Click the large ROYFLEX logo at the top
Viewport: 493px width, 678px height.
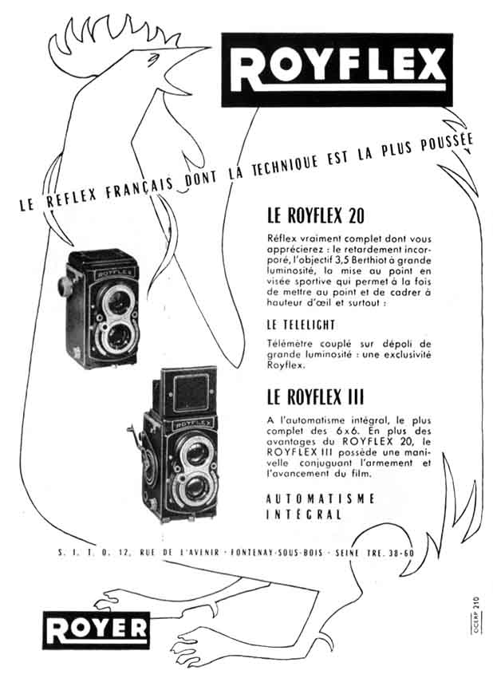(x=337, y=69)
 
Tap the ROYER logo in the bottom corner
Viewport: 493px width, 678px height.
(x=96, y=630)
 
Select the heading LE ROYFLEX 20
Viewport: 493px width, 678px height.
(x=316, y=215)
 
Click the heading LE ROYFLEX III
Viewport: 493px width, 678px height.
(x=315, y=396)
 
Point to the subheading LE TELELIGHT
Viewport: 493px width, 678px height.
(x=301, y=325)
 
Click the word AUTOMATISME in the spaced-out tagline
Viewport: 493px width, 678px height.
(x=320, y=499)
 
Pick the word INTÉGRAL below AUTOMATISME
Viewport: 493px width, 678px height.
(x=304, y=514)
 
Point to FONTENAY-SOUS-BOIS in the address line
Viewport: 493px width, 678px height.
(x=277, y=553)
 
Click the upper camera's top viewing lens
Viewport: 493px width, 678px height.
(x=116, y=302)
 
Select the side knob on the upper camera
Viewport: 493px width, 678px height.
(x=65, y=286)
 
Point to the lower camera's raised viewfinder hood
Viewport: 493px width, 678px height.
(x=184, y=391)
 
